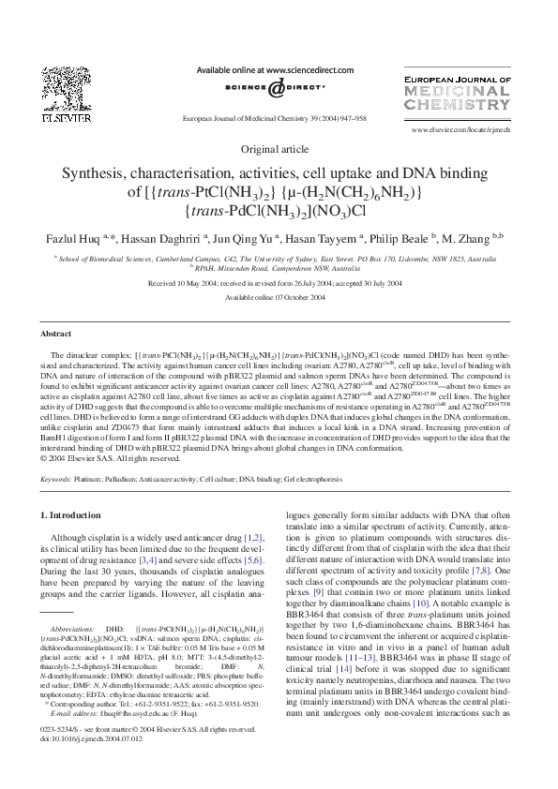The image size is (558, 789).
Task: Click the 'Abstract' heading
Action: [56, 334]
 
